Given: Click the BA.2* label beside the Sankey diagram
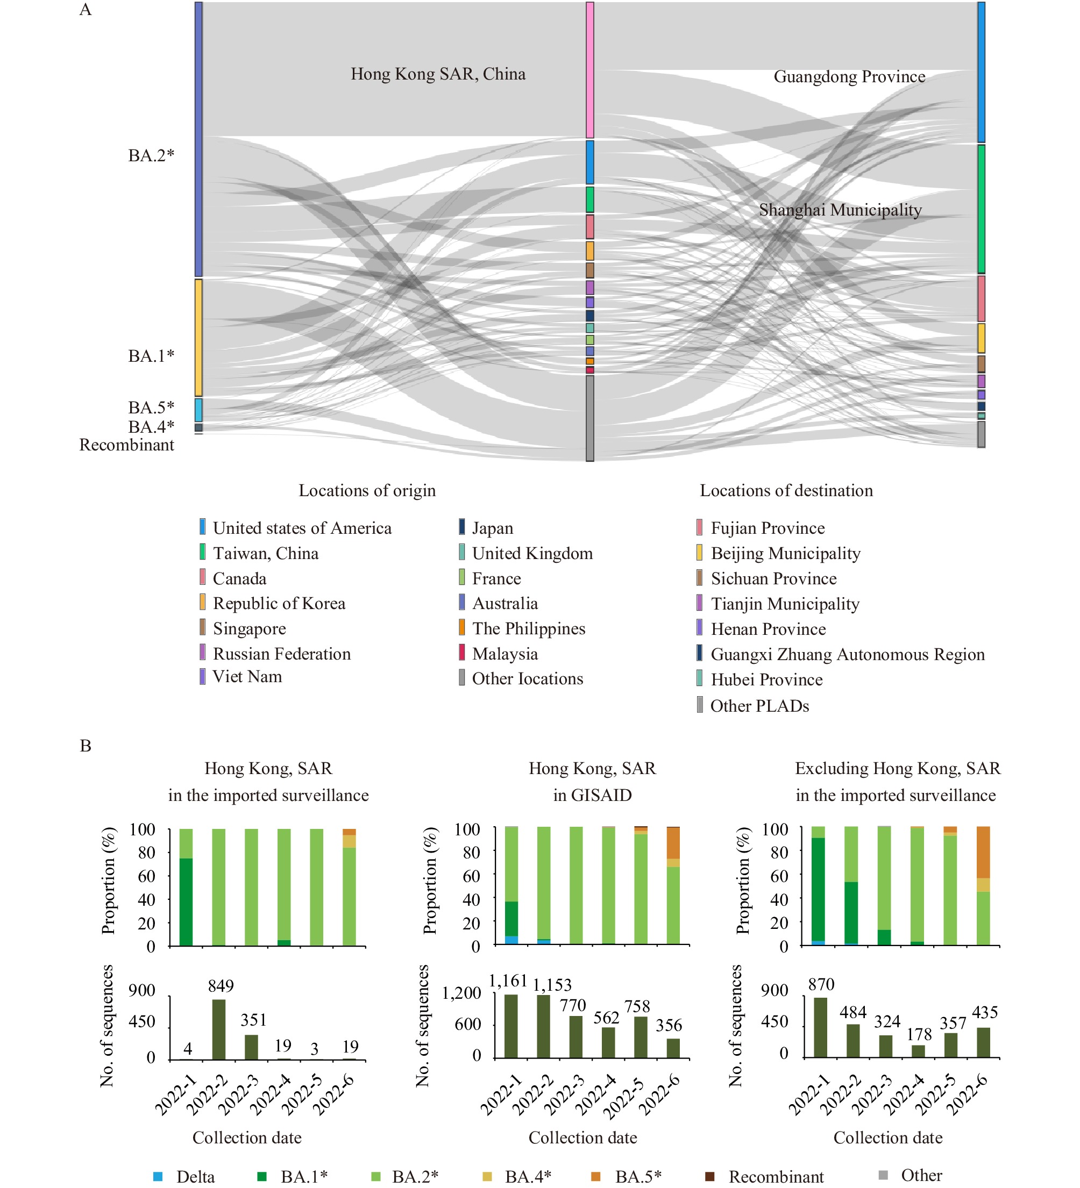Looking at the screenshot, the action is [152, 155].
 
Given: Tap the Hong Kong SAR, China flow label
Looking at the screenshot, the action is [438, 74].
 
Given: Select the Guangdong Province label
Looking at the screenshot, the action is [849, 77].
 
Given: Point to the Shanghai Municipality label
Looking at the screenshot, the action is [840, 210].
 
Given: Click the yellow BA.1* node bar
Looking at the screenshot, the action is [198, 338].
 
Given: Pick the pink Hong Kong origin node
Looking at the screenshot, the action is [589, 70].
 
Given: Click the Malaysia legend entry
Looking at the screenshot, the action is [498, 654].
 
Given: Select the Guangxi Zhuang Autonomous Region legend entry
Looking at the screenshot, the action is [841, 654].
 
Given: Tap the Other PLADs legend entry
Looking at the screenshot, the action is [753, 705].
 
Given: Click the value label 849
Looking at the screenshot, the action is [221, 986].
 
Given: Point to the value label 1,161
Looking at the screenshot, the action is [508, 981].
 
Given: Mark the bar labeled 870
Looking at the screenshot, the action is [821, 1028].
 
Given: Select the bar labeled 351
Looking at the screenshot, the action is [251, 1047].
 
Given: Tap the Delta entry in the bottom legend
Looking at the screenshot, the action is [184, 1176].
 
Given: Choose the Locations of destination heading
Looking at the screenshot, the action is [786, 490].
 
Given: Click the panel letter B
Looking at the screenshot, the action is [86, 746].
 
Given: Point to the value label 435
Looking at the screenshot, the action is [984, 1012].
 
